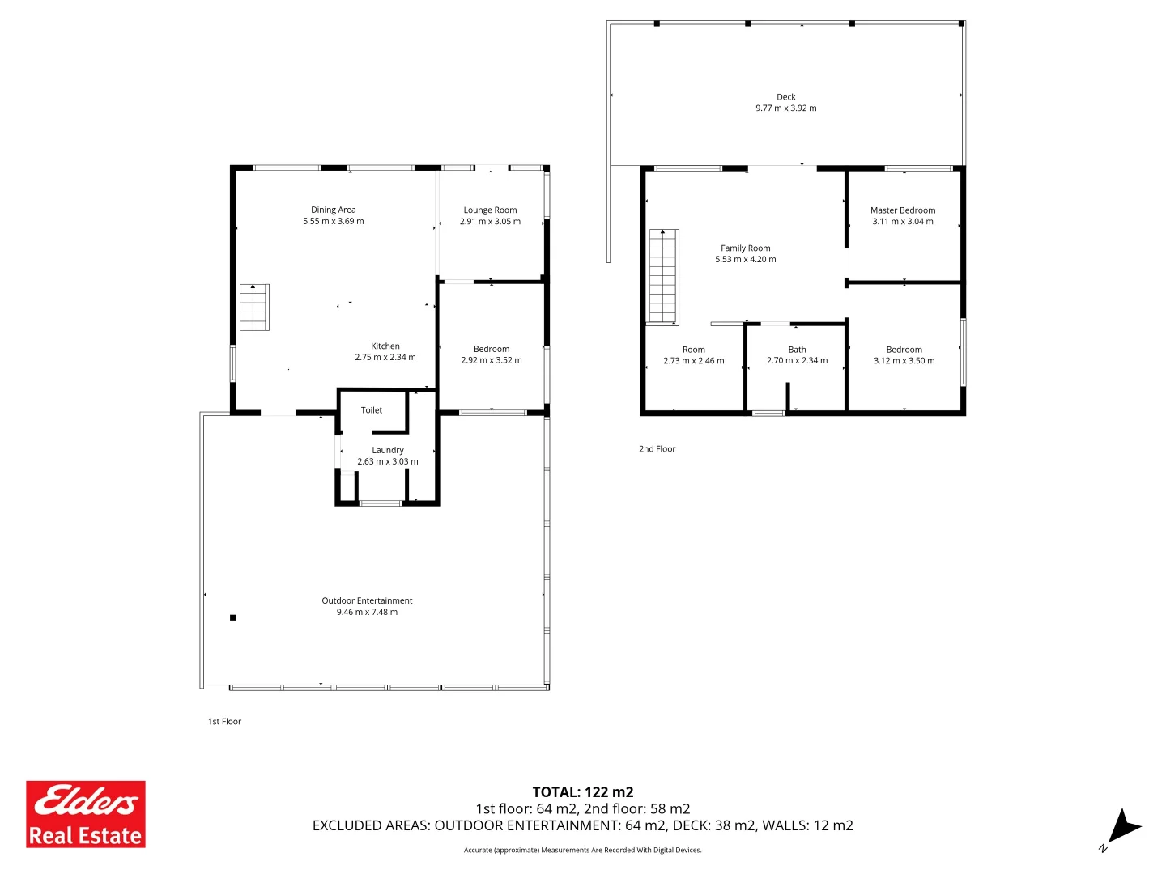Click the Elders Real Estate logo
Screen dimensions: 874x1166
[86, 813]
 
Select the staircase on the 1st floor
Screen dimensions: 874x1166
[254, 308]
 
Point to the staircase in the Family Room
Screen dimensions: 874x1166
[663, 277]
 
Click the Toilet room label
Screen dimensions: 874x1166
[372, 410]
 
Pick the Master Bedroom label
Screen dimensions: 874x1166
[903, 210]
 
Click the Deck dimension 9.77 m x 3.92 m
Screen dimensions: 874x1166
[785, 108]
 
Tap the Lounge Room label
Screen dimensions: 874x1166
[490, 210]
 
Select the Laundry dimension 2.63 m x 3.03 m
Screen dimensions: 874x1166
[388, 462]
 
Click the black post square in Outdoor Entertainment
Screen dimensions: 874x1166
[233, 617]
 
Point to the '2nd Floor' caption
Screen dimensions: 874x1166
[657, 449]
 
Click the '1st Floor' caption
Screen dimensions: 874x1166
[224, 722]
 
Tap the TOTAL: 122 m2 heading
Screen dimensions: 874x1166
[582, 792]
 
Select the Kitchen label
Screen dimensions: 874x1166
[385, 346]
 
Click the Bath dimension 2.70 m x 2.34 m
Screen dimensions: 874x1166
[797, 361]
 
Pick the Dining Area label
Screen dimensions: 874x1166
[334, 210]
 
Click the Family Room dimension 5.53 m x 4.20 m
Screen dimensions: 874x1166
[745, 260]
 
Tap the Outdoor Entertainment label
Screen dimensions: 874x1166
[367, 601]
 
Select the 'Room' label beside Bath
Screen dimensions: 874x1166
[693, 350]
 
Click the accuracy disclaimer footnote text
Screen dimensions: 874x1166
[582, 850]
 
